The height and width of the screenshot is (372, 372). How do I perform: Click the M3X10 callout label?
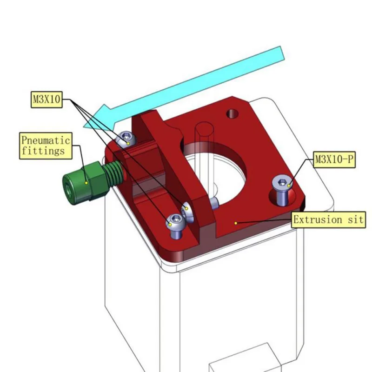[47, 100]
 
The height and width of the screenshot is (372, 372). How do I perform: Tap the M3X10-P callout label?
[334, 159]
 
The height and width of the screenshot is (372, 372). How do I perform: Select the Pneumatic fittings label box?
[46, 146]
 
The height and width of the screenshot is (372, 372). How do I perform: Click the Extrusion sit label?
[328, 219]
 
